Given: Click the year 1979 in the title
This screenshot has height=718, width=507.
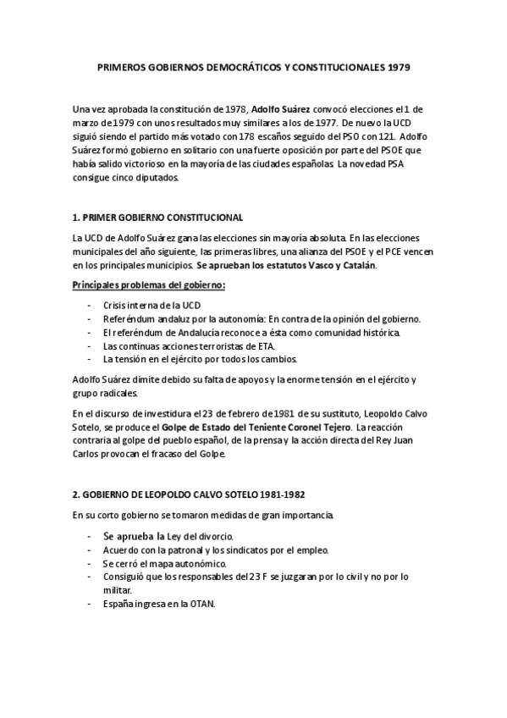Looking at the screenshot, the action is click(x=397, y=66).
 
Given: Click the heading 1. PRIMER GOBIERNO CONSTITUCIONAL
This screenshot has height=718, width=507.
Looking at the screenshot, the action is click(x=158, y=218).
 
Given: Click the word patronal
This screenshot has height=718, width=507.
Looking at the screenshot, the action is click(x=177, y=550).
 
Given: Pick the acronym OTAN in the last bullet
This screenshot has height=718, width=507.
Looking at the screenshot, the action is click(x=202, y=605).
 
